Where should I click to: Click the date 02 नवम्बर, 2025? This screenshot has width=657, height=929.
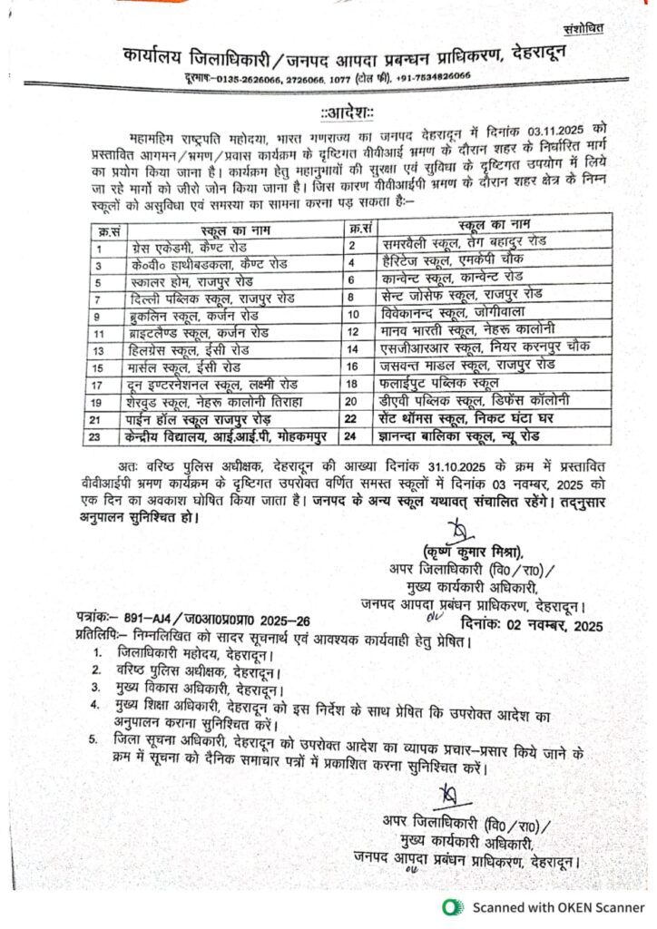tap(531, 624)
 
